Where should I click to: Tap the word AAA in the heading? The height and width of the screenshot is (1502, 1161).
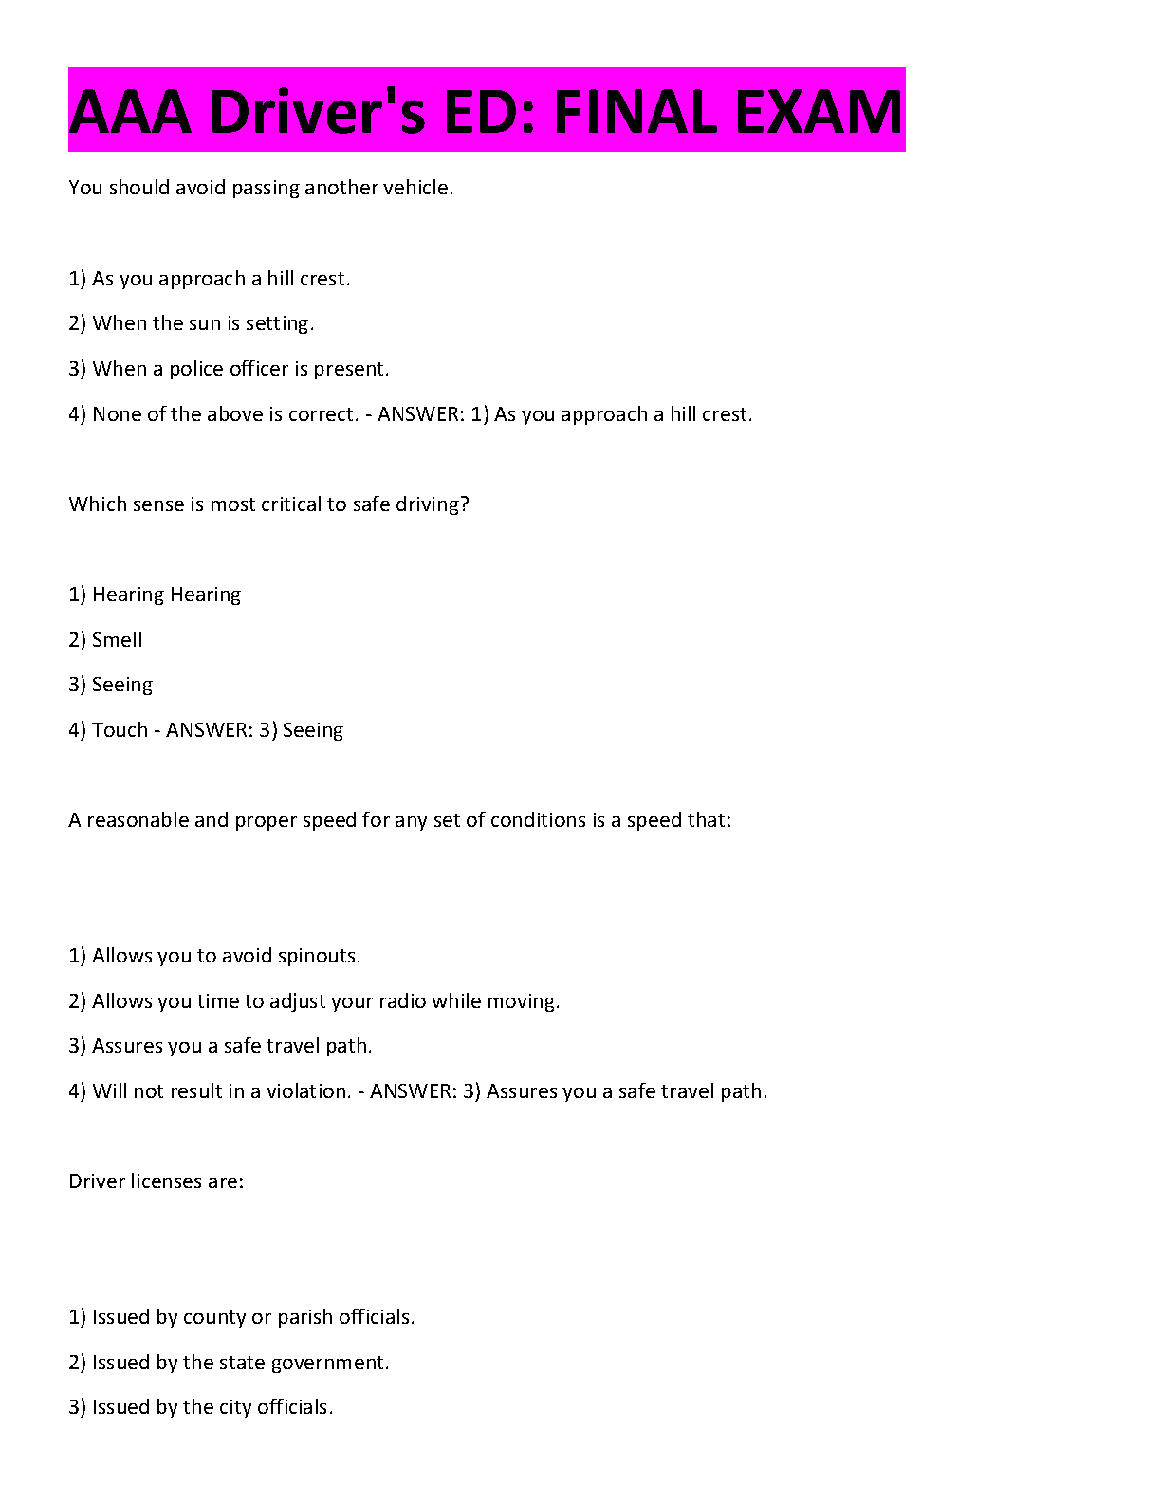(x=130, y=112)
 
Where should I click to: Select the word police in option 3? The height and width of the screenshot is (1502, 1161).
(x=198, y=369)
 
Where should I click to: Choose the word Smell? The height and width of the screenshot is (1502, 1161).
(x=118, y=640)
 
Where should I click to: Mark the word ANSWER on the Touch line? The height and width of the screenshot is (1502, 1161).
(x=209, y=730)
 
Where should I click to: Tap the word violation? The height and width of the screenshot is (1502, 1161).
(x=308, y=1091)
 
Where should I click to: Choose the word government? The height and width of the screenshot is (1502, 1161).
(x=329, y=1363)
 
